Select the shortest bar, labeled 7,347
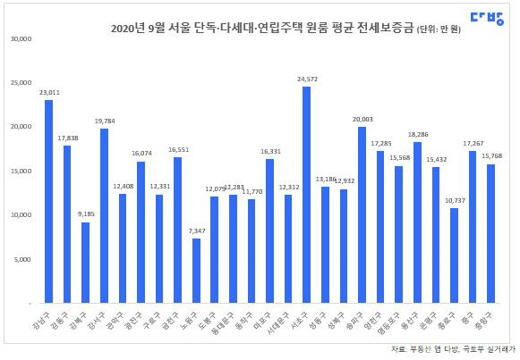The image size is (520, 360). point(196,271)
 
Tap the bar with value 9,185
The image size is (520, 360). point(85,263)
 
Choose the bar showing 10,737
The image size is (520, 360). point(454,255)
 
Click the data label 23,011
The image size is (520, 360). point(49,92)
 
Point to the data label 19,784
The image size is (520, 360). point(104,121)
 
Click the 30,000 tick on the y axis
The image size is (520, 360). point(21,39)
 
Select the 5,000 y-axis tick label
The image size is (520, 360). point(22,260)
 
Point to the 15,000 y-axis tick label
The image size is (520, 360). point(21,172)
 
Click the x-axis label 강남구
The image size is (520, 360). point(42,318)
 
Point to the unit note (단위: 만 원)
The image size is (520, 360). point(442,29)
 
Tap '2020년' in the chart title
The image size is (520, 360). point(128,29)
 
